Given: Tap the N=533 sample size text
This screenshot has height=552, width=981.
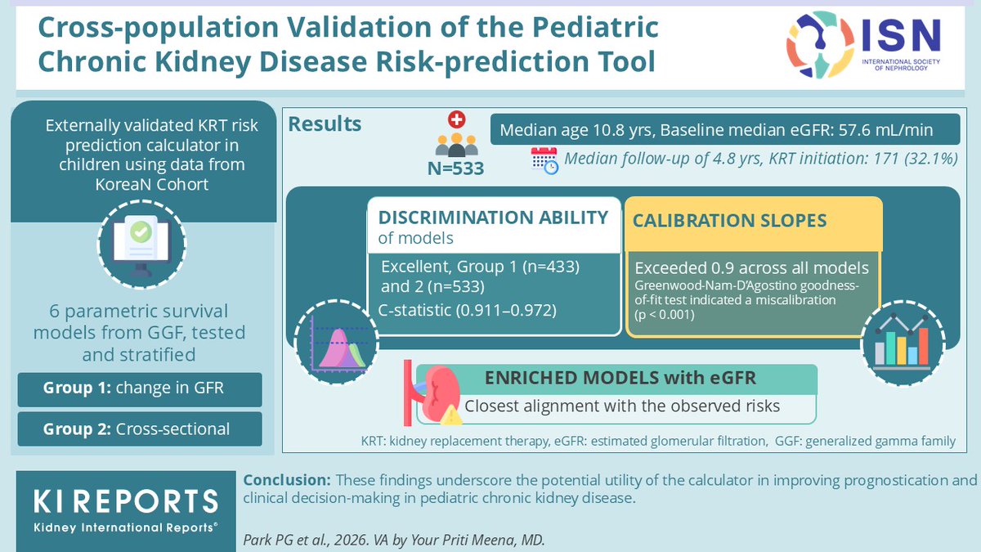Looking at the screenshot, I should pyautogui.click(x=456, y=169).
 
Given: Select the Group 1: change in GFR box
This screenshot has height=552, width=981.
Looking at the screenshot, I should pyautogui.click(x=140, y=389).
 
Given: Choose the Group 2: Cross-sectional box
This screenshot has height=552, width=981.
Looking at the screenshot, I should pyautogui.click(x=140, y=429).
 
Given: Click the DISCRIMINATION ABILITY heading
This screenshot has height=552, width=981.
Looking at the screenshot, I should pyautogui.click(x=494, y=218).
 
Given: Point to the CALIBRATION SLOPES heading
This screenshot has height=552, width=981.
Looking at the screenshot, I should pyautogui.click(x=729, y=221).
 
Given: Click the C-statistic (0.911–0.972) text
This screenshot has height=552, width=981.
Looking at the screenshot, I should pyautogui.click(x=467, y=310).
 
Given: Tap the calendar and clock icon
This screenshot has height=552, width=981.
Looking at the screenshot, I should pyautogui.click(x=544, y=160).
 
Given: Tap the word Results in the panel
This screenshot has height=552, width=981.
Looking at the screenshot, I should pyautogui.click(x=325, y=124).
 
